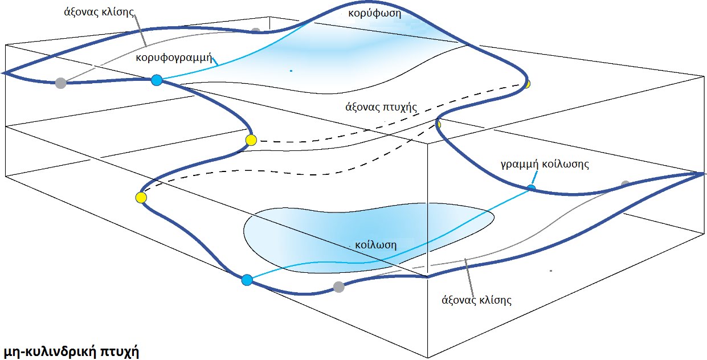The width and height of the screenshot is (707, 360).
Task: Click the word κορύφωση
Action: [x=375, y=14]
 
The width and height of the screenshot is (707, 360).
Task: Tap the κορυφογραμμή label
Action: [x=174, y=58]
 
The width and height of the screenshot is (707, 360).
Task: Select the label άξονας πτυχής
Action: [x=381, y=107]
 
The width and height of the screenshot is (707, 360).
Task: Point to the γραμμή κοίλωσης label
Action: [x=545, y=165]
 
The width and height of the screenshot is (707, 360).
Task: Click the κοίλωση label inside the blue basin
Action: [x=375, y=245]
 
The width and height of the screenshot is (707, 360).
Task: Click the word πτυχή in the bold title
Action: [x=119, y=351]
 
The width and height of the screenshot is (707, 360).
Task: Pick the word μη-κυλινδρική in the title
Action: [x=50, y=351]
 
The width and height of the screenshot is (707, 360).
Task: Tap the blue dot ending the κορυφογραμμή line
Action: [x=157, y=80]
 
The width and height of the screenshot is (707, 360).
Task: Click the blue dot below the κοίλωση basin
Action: [x=247, y=280]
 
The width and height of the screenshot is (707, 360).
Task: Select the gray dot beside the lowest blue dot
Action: [x=338, y=287]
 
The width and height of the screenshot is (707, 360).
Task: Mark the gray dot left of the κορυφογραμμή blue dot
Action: [x=60, y=83]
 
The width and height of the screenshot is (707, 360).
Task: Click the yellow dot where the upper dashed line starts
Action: [x=251, y=140]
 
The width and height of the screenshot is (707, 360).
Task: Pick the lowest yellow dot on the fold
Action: [x=141, y=198]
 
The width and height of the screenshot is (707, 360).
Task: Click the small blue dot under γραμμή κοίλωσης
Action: [x=532, y=188]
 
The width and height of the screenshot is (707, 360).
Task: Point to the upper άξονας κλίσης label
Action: [x=99, y=12]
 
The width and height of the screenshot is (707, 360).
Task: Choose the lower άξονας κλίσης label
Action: [x=477, y=300]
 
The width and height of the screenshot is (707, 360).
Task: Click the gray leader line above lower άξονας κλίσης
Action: [x=470, y=276]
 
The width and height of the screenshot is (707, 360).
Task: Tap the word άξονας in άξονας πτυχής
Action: [x=362, y=107]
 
